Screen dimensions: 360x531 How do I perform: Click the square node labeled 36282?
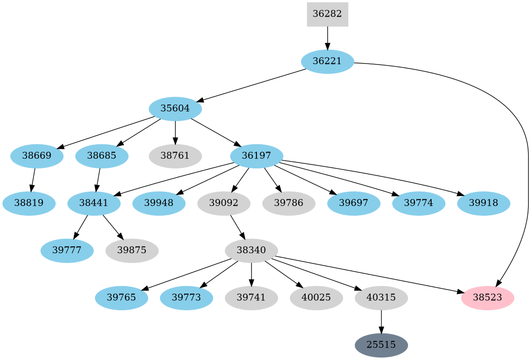327,14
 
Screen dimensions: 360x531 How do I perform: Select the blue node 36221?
327,62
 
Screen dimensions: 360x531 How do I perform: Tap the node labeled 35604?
175,109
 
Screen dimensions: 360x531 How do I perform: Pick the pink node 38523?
487,298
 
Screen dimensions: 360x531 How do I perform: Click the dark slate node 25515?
381,345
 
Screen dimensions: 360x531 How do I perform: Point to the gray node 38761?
175,156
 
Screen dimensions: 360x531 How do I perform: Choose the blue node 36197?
256,156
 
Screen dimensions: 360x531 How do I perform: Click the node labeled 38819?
29,203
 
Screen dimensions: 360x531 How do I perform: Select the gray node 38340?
251,251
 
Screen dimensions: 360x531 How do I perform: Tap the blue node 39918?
483,203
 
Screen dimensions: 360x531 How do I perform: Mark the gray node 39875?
132,251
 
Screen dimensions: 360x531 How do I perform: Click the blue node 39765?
121,298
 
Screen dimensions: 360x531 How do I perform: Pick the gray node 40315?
381,298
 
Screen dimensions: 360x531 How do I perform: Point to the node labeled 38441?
94,203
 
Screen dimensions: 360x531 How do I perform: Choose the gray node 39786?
288,203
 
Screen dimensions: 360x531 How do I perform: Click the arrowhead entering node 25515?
381,330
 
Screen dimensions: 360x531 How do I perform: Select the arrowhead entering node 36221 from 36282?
327,46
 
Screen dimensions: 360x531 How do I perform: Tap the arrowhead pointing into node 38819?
31,188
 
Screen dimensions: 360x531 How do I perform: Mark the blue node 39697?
353,203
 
